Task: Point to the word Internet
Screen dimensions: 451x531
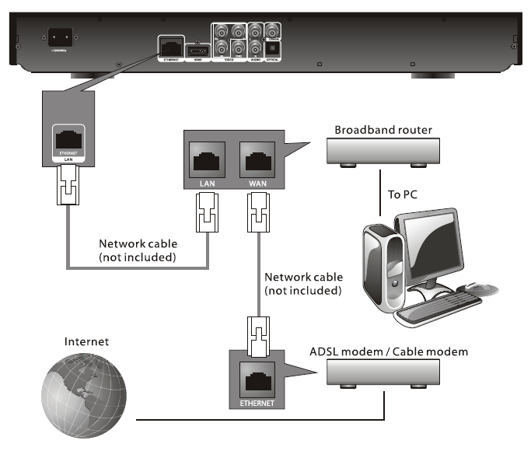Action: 88,340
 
